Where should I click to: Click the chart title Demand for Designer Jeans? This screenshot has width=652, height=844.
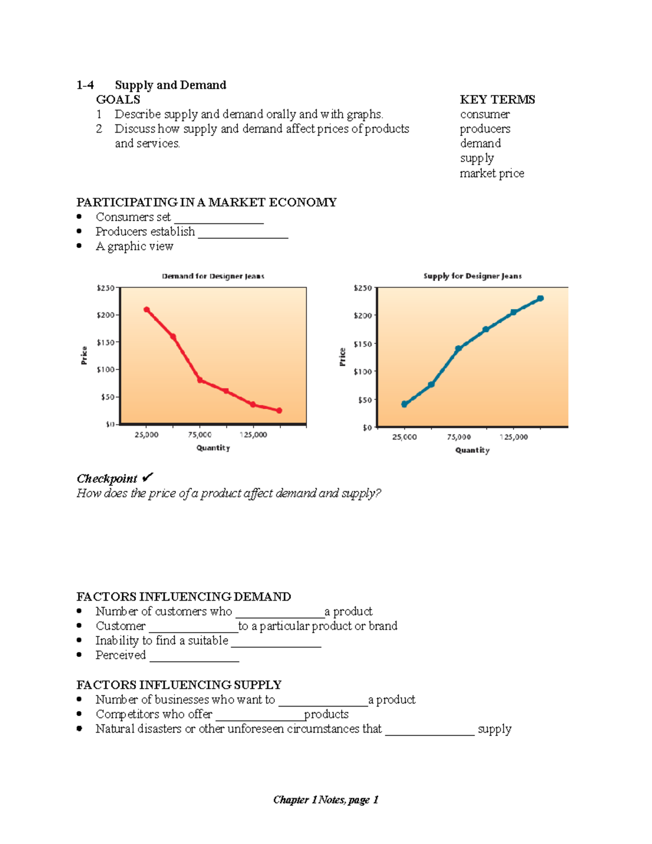pyautogui.click(x=213, y=276)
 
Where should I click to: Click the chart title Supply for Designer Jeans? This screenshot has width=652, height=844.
pyautogui.click(x=472, y=276)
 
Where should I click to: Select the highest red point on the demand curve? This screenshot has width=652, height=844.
pyautogui.click(x=147, y=310)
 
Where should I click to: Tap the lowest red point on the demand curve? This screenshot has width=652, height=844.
pyautogui.click(x=279, y=411)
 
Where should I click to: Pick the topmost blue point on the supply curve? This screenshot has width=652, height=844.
pyautogui.click(x=540, y=298)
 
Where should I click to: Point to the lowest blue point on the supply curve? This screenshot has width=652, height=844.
pyautogui.click(x=404, y=404)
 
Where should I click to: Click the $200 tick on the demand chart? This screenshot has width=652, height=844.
pyautogui.click(x=105, y=315)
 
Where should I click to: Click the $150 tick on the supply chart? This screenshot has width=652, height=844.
pyautogui.click(x=362, y=344)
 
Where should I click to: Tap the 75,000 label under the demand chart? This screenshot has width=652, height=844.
pyautogui.click(x=199, y=435)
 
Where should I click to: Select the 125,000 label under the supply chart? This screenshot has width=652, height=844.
pyautogui.click(x=513, y=437)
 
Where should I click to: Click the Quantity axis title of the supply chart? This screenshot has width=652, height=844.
pyautogui.click(x=472, y=450)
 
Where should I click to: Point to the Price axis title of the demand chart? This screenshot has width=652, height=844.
pyautogui.click(x=84, y=355)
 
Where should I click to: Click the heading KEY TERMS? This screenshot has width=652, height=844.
pyautogui.click(x=497, y=99)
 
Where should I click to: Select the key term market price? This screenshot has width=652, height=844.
pyautogui.click(x=492, y=173)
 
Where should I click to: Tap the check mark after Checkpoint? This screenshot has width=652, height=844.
pyautogui.click(x=147, y=478)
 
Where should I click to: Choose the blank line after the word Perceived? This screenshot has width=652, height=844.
pyautogui.click(x=195, y=660)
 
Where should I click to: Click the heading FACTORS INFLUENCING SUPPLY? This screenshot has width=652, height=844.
pyautogui.click(x=179, y=685)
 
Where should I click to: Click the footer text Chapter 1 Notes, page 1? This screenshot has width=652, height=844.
pyautogui.click(x=325, y=799)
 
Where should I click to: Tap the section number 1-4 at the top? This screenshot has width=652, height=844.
pyautogui.click(x=85, y=85)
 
